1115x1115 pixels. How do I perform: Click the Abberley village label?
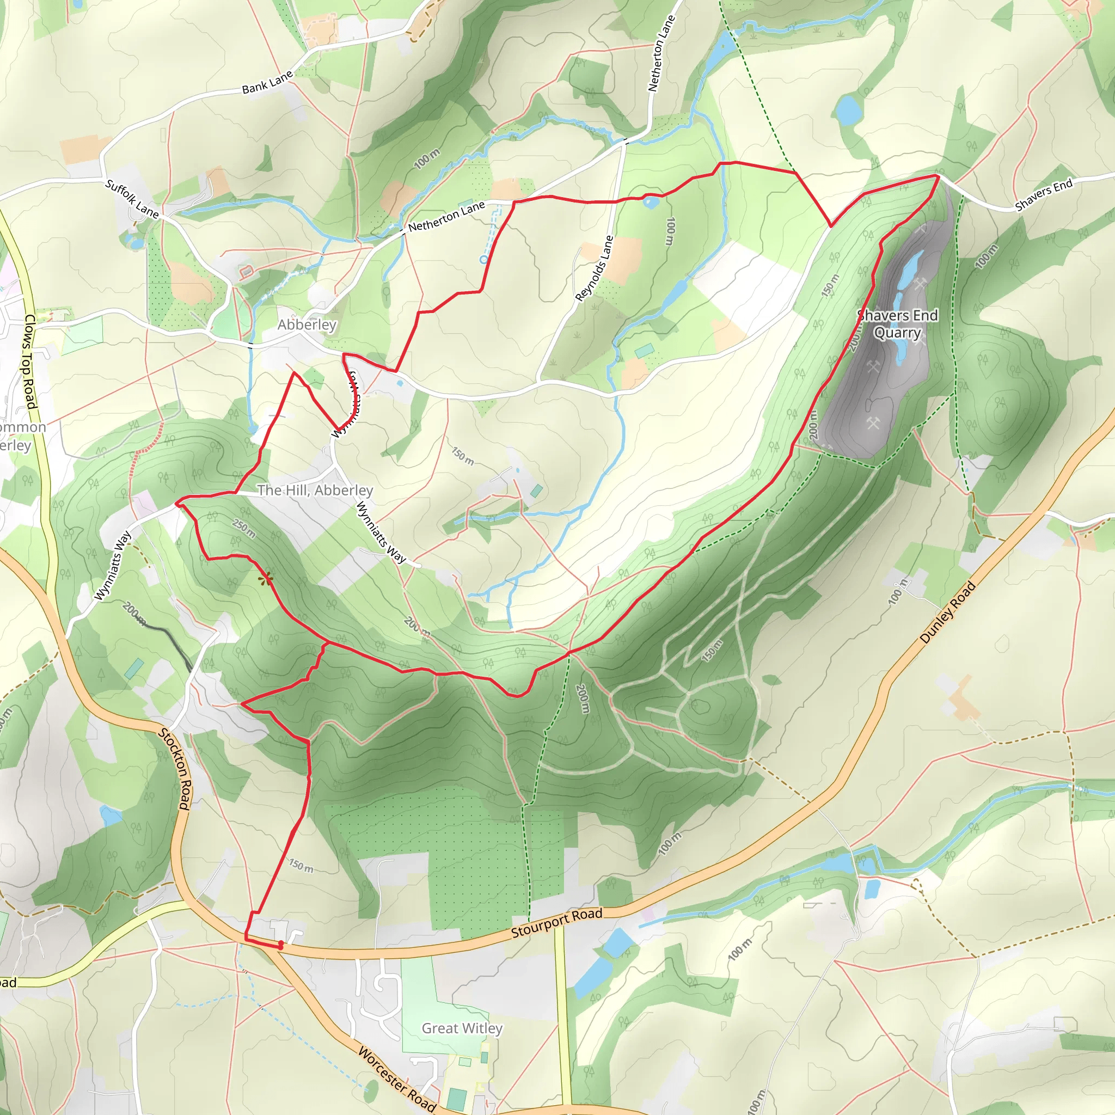pyautogui.click(x=307, y=324)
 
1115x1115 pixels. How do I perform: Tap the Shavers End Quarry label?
pyautogui.click(x=897, y=324)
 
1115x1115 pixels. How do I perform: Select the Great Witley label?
pyautogui.click(x=462, y=1028)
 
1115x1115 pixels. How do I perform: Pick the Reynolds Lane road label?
pyautogui.click(x=594, y=268)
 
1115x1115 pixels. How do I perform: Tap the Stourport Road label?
pyautogui.click(x=556, y=922)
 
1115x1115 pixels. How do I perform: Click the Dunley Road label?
pyautogui.click(x=947, y=612)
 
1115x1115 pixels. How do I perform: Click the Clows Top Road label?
pyautogui.click(x=29, y=362)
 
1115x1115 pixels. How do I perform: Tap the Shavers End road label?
pyautogui.click(x=1044, y=194)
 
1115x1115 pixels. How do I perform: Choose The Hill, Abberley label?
pyautogui.click(x=315, y=490)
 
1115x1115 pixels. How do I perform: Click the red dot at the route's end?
pyautogui.click(x=280, y=945)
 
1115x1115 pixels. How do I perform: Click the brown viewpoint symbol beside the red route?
pyautogui.click(x=266, y=579)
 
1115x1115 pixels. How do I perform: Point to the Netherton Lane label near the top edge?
pyautogui.click(x=661, y=53)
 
